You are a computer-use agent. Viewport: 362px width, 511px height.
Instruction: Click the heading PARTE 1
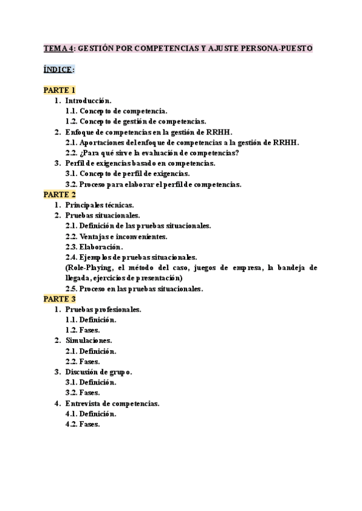[59, 90]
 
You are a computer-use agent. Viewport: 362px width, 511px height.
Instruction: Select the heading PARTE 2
[59, 195]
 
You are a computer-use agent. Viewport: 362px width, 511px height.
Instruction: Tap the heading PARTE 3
[59, 299]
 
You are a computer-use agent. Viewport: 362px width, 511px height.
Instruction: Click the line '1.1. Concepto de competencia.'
[116, 111]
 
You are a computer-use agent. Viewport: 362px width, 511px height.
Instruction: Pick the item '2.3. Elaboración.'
[94, 246]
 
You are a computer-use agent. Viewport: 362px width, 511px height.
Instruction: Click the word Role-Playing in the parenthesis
[89, 268]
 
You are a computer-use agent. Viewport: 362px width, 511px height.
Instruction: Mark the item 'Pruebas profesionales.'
[103, 309]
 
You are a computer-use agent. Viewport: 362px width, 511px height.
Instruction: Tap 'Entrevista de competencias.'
[112, 403]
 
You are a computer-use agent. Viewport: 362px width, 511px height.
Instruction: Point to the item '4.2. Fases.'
[82, 424]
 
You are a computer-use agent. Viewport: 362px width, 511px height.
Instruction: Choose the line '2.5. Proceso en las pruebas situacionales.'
[134, 289]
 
